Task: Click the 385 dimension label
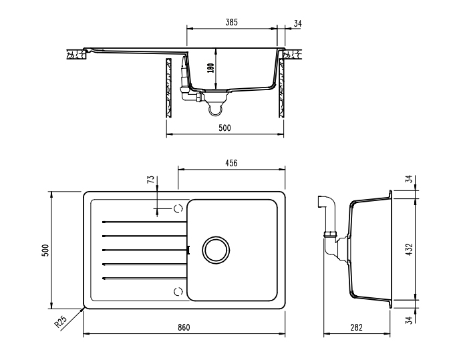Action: pos(231,22)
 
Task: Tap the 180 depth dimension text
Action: pos(211,68)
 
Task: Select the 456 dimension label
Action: pos(231,163)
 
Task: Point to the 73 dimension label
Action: pos(151,180)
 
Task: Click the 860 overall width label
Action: pos(184,327)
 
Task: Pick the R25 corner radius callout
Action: pos(61,322)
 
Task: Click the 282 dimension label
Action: pos(356,327)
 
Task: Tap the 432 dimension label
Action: pos(409,249)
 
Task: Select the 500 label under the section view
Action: pos(224,128)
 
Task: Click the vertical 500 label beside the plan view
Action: pos(45,250)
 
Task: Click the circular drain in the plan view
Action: pos(216,250)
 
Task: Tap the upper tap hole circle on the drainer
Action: pos(178,208)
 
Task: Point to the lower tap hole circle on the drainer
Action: pos(178,292)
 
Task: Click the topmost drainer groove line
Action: pos(144,222)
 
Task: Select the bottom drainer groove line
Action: pos(144,279)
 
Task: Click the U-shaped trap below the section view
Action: pos(216,110)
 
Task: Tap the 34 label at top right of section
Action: pos(297,23)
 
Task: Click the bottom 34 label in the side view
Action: pos(409,320)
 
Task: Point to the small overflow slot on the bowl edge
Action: pos(188,250)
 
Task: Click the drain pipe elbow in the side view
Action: pos(327,203)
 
